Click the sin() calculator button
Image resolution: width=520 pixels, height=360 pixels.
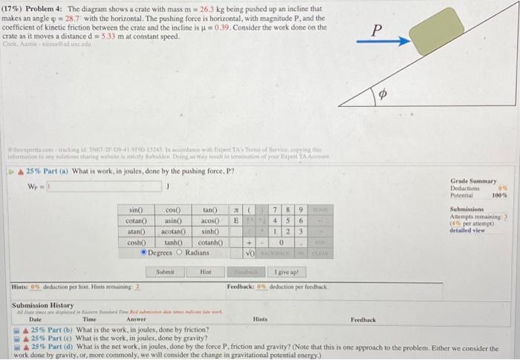click(137, 190)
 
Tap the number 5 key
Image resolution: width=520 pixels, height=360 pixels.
click(287, 200)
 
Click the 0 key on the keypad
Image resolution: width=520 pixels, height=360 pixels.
click(287, 221)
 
